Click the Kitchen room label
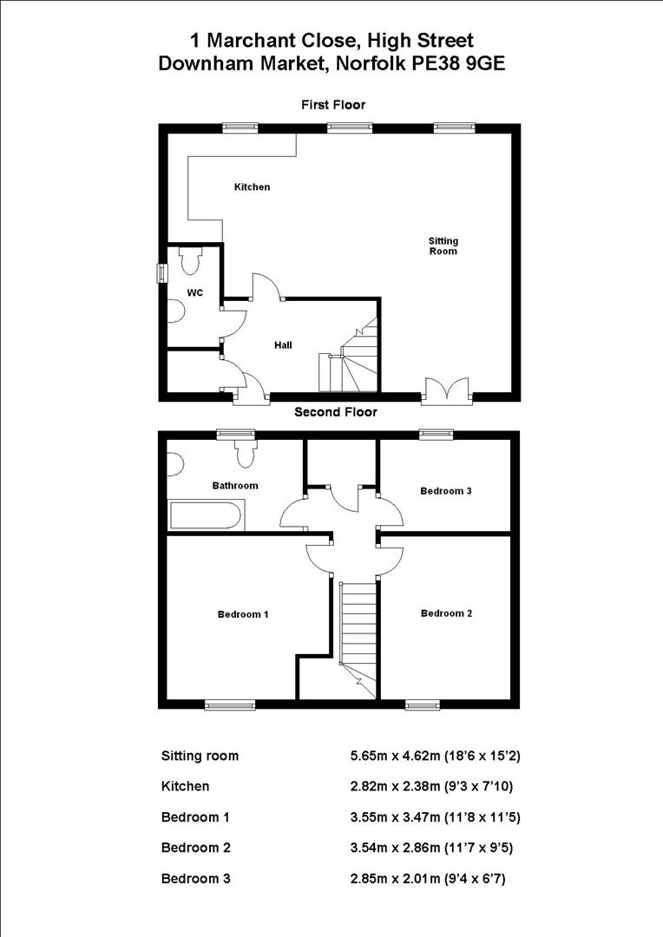click(252, 187)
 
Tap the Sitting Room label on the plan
click(443, 246)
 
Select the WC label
click(195, 293)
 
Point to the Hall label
click(283, 345)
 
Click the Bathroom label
click(235, 486)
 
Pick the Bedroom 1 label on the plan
click(242, 614)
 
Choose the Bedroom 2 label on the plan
click(446, 613)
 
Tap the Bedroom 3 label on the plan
click(446, 491)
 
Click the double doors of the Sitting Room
click(447, 390)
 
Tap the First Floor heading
click(333, 105)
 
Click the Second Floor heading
click(335, 412)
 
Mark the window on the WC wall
click(161, 272)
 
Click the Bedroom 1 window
click(230, 704)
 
